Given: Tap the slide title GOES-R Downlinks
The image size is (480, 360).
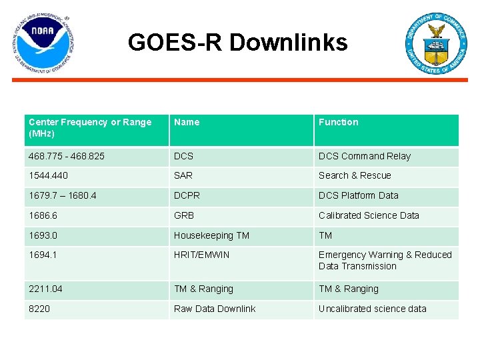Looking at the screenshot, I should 238,43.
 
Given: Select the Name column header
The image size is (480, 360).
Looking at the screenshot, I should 187,123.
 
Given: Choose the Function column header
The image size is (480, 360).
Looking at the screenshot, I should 338,123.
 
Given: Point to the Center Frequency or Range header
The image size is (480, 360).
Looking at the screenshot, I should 90,128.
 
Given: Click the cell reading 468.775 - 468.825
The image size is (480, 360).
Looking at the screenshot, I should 67,157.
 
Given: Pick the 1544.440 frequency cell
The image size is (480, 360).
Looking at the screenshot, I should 49,176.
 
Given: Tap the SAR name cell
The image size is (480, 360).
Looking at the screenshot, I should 184,176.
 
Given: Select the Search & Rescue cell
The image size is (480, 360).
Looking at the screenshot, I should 355,176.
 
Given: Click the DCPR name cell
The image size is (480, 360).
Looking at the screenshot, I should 187,196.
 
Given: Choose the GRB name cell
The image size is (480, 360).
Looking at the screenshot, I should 184,216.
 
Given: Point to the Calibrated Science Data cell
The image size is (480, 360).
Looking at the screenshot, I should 369,216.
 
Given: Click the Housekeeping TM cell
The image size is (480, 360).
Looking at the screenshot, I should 211,236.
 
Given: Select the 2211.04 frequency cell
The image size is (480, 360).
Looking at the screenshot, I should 47,289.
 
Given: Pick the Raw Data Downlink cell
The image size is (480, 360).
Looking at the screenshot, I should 215,309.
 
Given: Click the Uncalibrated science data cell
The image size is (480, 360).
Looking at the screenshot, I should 372,309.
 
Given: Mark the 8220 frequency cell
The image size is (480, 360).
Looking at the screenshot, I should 39,309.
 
